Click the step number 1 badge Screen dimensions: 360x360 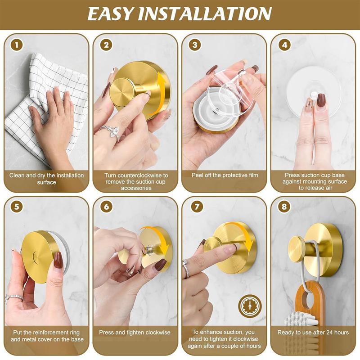coord(17,45)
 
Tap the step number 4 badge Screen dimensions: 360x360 coord(284,45)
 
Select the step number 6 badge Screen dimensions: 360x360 coord(106,207)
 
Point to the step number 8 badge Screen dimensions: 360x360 coord(284,207)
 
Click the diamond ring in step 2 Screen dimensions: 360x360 coord(109,132)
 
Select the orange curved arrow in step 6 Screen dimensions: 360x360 coord(163,245)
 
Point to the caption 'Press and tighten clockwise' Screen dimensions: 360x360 coord(135,333)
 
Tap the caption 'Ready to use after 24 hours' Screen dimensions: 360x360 coord(313,333)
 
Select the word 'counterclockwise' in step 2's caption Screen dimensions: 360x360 coord(144,175)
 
